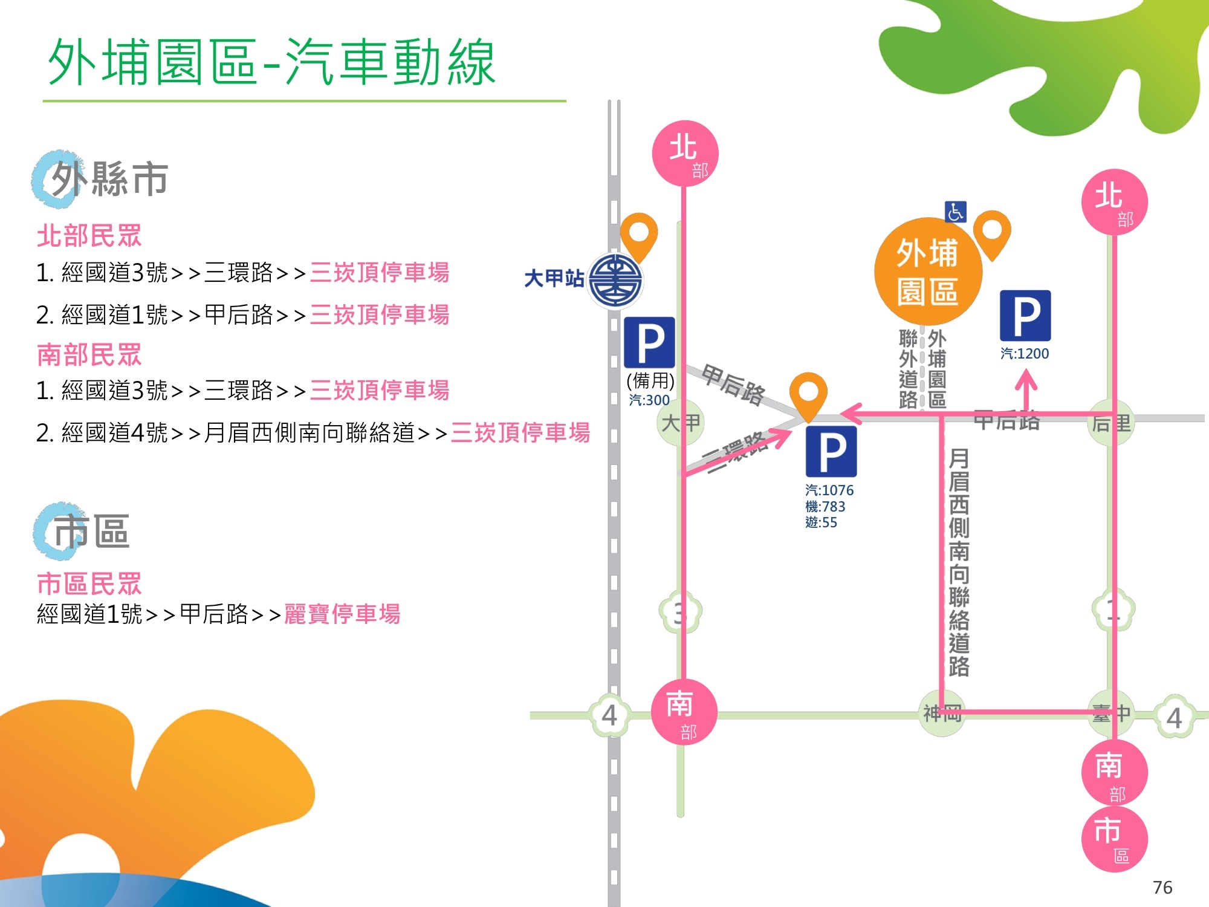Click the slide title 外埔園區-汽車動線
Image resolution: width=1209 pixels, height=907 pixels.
click(x=272, y=62)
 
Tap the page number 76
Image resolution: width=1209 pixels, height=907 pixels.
click(x=1162, y=887)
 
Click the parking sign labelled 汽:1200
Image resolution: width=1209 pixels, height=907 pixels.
click(x=1025, y=316)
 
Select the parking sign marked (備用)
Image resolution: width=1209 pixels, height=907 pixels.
click(x=649, y=342)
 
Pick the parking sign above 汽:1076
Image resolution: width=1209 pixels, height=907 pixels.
click(x=831, y=451)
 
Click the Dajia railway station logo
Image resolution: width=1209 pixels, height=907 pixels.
click(x=615, y=281)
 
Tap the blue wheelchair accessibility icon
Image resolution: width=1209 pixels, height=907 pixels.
click(x=955, y=212)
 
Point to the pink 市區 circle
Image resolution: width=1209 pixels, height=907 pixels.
click(x=1113, y=837)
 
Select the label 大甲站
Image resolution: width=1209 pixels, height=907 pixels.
click(x=554, y=278)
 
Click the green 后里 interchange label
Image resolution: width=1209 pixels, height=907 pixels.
click(x=1111, y=423)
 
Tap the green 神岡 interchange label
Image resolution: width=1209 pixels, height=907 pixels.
click(x=942, y=714)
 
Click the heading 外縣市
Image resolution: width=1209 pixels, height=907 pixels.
click(x=109, y=179)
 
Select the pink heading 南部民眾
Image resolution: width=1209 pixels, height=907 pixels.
click(x=89, y=354)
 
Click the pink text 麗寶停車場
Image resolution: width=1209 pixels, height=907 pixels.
click(x=342, y=614)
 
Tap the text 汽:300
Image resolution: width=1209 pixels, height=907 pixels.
click(x=649, y=400)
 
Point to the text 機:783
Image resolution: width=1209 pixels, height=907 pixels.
click(x=825, y=506)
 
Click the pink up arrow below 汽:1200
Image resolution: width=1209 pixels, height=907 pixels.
click(x=1026, y=390)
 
